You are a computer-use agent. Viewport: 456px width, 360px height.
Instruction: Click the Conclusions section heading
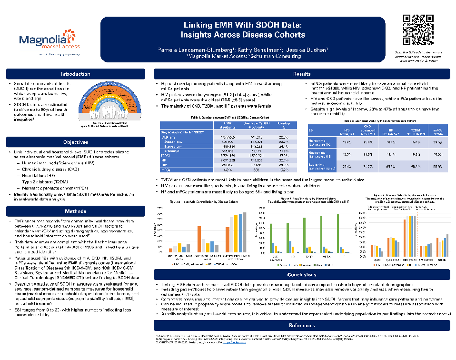point(301,275)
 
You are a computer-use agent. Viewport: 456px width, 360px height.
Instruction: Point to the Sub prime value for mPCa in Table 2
point(436,166)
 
